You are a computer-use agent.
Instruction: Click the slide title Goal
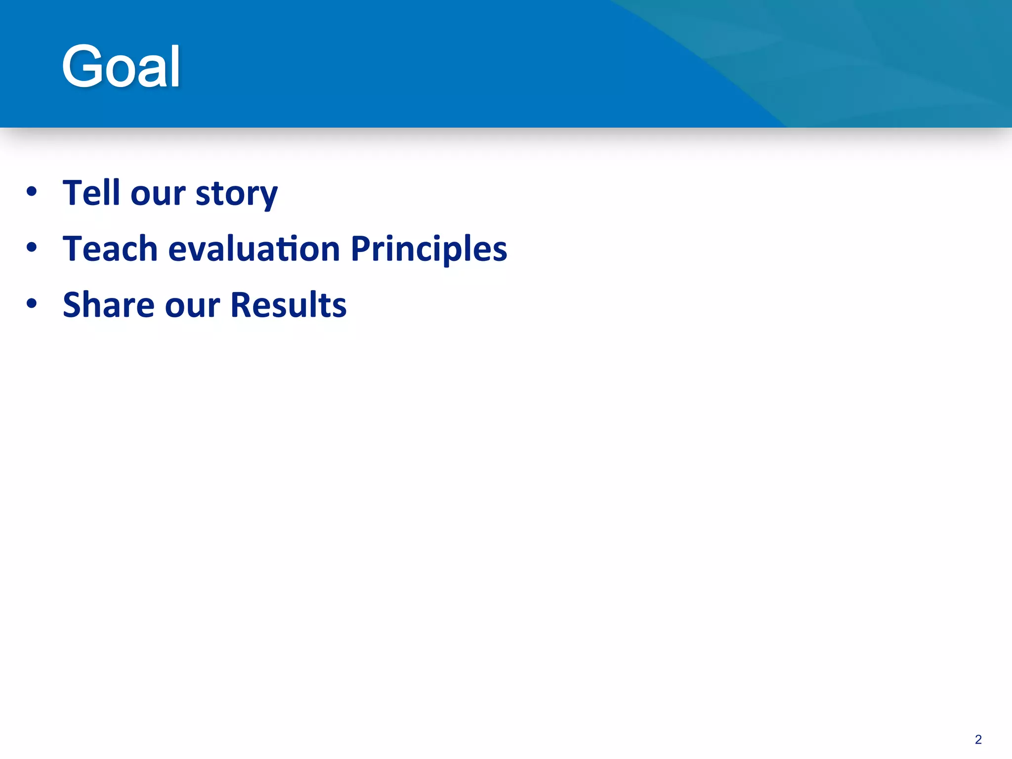coord(121,66)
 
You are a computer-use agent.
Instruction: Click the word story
coord(237,194)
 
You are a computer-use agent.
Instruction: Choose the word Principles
coord(428,249)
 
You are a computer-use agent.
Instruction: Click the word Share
coord(108,304)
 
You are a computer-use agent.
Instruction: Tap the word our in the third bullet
coord(192,305)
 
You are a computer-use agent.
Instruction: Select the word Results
coord(288,304)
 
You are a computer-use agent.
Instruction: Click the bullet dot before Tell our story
coord(32,192)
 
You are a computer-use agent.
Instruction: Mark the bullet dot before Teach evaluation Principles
coord(32,247)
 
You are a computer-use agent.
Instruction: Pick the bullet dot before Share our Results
coord(32,303)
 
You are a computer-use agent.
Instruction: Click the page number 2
coord(978,739)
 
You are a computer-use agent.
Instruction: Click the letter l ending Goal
coord(175,66)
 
